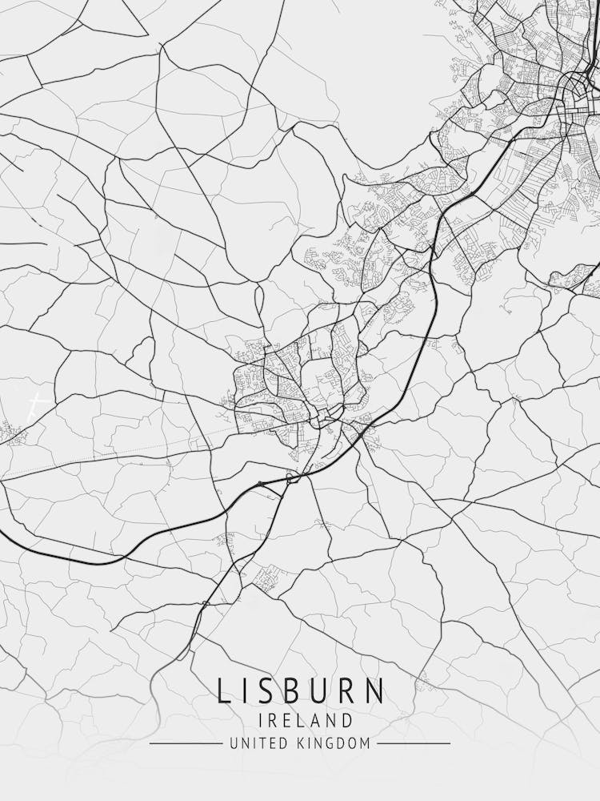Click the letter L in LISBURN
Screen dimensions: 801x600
(x=223, y=691)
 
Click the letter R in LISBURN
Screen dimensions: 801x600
(x=349, y=691)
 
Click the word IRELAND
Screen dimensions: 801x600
(x=300, y=720)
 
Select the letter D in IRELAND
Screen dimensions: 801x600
(x=346, y=720)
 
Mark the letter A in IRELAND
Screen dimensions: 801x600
(x=313, y=720)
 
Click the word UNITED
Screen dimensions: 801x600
(x=255, y=743)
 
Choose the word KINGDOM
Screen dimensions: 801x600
(x=332, y=743)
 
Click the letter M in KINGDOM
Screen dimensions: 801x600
(x=366, y=743)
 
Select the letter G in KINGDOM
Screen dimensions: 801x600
(x=330, y=743)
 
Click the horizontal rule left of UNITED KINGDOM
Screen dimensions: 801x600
(x=186, y=743)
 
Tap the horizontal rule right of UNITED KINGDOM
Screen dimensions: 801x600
(x=414, y=743)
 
